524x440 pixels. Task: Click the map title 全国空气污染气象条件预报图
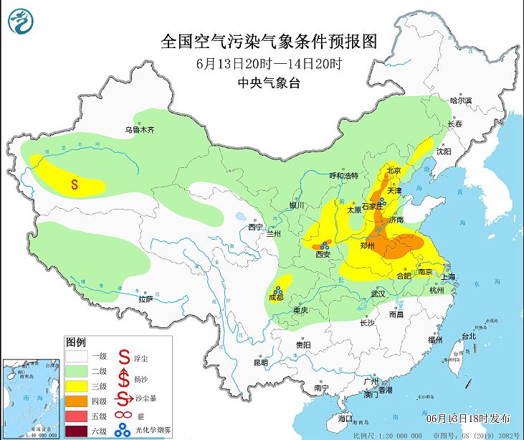coord(269,40)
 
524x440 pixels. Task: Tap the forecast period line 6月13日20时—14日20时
coord(269,63)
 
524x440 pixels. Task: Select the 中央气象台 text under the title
coord(269,83)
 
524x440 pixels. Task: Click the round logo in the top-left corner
coord(21,21)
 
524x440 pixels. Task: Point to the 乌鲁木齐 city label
coord(140,130)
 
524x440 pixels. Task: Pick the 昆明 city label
coord(260,362)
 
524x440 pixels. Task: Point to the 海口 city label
coord(346,418)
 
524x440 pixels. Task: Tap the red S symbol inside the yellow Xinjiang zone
coord(75,184)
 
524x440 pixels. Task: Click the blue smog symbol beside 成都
coord(277,289)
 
